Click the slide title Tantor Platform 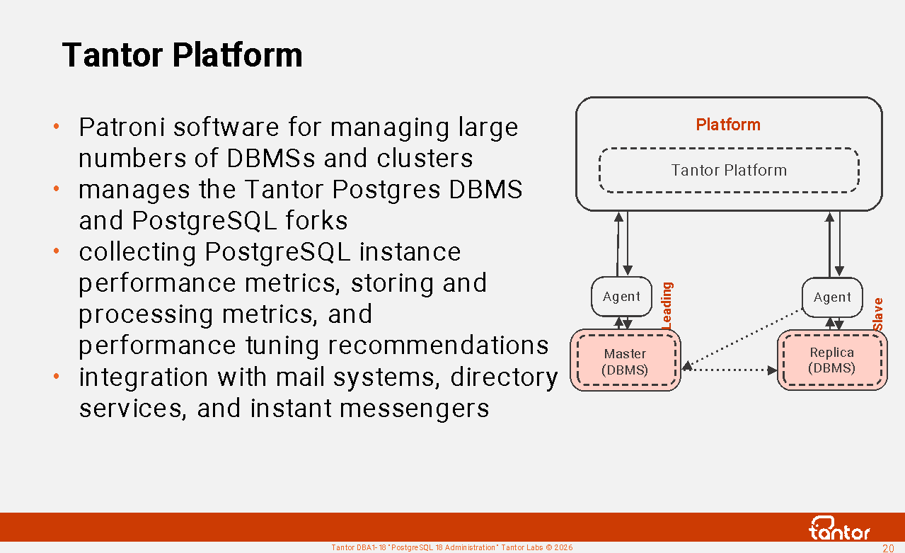click(183, 55)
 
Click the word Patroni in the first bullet click(122, 127)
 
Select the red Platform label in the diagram click(728, 125)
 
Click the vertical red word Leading click(667, 306)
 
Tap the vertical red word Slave click(877, 314)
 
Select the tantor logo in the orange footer click(839, 528)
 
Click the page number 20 click(887, 548)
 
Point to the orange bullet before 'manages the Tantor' click(56, 188)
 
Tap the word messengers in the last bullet click(415, 409)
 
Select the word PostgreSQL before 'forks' click(204, 221)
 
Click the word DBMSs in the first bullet click(270, 158)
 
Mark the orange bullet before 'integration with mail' click(56, 377)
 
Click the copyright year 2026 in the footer click(563, 548)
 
